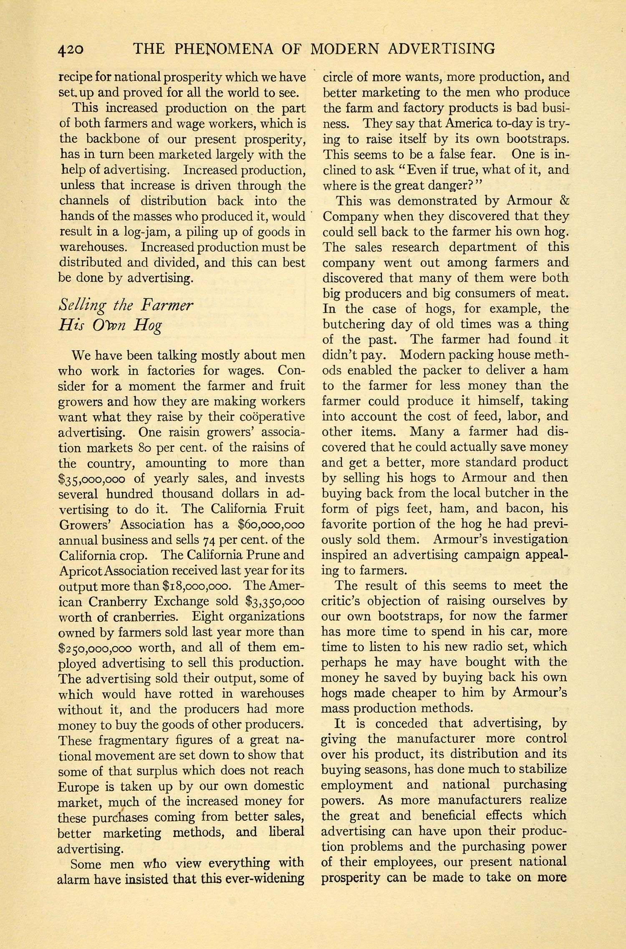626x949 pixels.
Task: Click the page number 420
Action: [71, 49]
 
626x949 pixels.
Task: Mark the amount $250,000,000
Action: [95, 648]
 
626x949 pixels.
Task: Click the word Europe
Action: [78, 787]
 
